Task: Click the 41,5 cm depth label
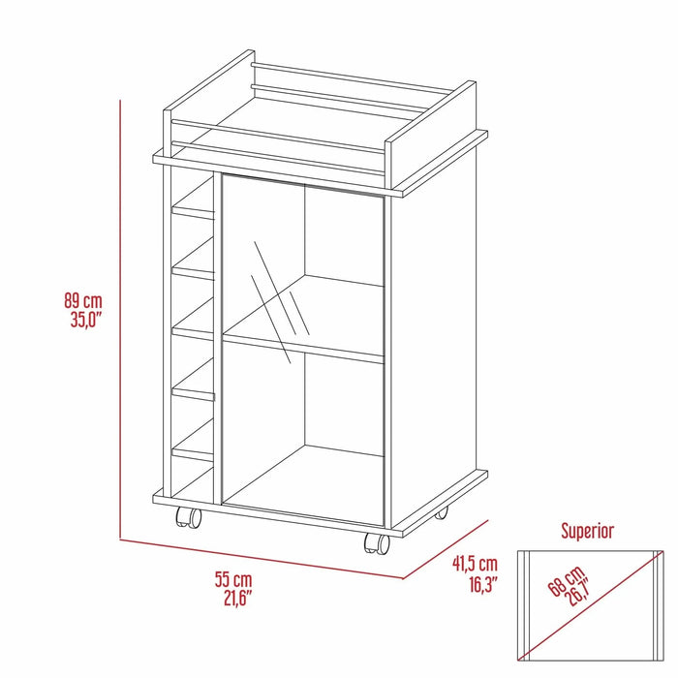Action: click(475, 564)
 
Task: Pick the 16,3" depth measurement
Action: click(475, 582)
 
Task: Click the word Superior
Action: click(588, 531)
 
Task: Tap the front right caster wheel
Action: click(375, 542)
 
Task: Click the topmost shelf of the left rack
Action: click(194, 208)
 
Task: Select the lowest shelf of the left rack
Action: click(194, 451)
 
